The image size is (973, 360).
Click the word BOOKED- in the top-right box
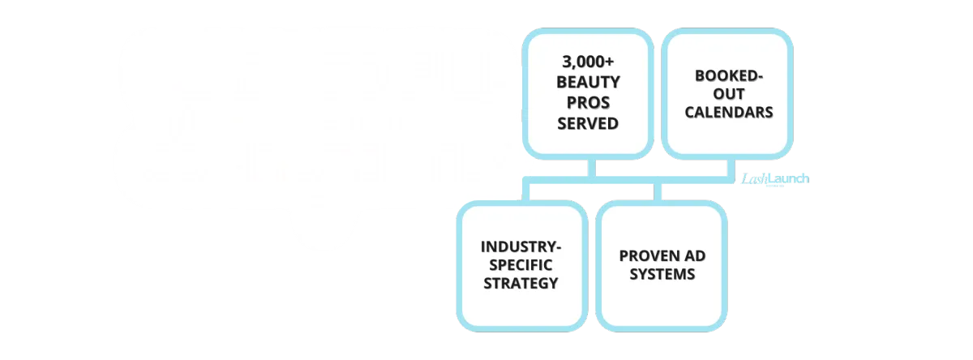[728, 75]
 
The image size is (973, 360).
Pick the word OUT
[728, 93]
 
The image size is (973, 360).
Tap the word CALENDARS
[728, 113]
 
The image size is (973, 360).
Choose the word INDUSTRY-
[521, 246]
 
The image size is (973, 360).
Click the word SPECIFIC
[521, 264]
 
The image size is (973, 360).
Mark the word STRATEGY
[521, 283]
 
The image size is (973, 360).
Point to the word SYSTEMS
[662, 274]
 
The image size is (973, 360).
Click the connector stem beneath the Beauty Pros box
[597, 167]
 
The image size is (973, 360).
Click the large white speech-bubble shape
[316, 122]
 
